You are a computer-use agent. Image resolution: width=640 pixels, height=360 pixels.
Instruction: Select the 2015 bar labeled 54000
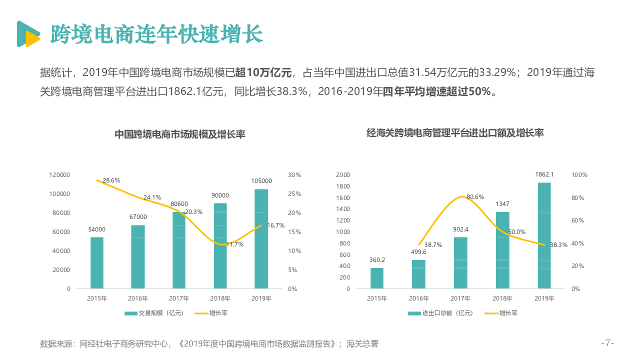click(97, 262)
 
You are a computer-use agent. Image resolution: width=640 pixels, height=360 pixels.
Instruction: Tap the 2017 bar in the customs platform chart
click(460, 262)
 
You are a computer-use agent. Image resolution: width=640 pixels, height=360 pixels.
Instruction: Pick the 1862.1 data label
click(544, 174)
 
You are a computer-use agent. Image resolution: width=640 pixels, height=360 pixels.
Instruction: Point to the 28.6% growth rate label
click(111, 180)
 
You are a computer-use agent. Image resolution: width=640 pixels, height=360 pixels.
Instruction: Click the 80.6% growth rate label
click(475, 197)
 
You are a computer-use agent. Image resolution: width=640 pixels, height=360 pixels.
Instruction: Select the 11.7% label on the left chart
click(234, 244)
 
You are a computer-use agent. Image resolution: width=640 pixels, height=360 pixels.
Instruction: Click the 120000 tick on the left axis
click(59, 175)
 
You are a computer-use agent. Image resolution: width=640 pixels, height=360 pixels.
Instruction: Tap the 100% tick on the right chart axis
click(579, 175)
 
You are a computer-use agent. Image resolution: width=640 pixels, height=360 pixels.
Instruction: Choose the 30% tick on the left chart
click(294, 175)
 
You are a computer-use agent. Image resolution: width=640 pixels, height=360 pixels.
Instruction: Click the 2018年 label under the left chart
click(220, 298)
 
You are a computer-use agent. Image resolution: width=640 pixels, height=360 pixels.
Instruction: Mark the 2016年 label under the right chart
click(418, 298)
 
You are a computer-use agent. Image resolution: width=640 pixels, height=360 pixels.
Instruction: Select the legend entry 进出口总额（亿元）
click(440, 313)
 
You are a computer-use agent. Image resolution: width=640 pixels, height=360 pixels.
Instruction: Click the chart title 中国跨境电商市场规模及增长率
click(180, 134)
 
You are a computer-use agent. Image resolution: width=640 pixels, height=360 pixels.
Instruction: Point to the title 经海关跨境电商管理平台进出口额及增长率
click(455, 133)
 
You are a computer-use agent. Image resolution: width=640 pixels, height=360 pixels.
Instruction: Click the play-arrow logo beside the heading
click(27, 34)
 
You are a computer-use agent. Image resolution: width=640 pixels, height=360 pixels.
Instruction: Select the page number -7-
click(607, 343)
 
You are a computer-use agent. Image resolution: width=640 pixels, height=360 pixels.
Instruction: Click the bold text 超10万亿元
click(263, 73)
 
